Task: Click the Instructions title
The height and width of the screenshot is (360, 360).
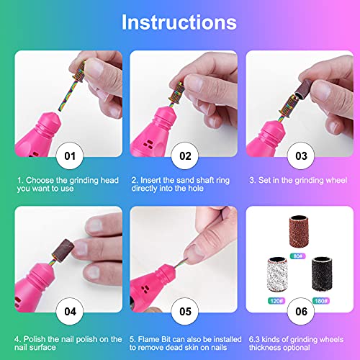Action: (179, 21)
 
